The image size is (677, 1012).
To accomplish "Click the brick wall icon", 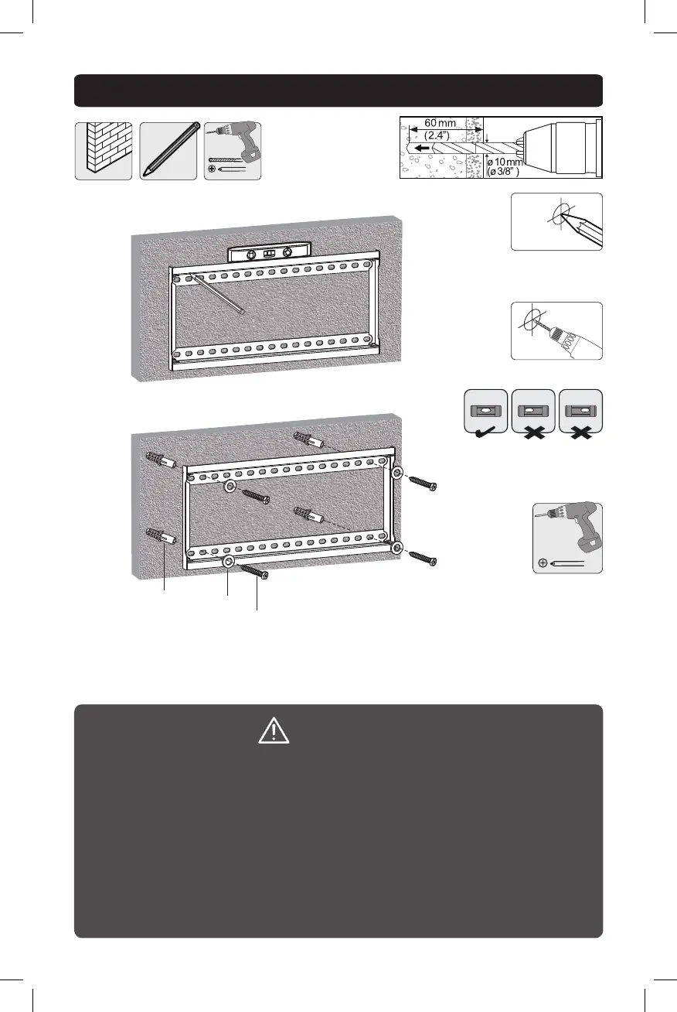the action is (104, 151).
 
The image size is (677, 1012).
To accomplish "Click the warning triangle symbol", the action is (274, 731).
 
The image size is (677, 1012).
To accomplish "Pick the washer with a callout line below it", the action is (229, 562).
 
